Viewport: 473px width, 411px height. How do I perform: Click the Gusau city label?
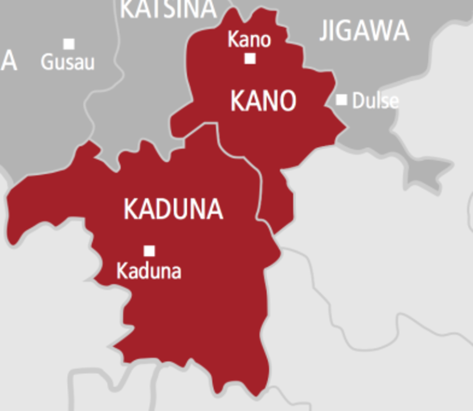pos(68,63)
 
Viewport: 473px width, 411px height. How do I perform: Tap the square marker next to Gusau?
pos(69,44)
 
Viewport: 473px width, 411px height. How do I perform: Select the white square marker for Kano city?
pos(250,58)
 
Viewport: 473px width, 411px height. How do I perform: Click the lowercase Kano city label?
pos(249,40)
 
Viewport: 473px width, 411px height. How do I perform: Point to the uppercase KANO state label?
pos(263,101)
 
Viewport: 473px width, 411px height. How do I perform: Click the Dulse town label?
pos(375,101)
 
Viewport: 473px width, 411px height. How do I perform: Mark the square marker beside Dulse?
pos(342,99)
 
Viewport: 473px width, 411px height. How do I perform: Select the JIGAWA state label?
pos(364,31)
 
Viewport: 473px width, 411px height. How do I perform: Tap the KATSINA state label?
pos(168,9)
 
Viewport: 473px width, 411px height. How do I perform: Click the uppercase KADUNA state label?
pos(173,209)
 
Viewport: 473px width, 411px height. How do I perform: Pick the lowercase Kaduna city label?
pos(149,271)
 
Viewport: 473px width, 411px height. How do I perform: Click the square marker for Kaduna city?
pos(149,250)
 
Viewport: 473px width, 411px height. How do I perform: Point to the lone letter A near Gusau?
pos(9,62)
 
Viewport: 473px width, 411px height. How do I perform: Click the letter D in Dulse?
pos(358,101)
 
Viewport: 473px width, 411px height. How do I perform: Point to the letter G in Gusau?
pos(46,63)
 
